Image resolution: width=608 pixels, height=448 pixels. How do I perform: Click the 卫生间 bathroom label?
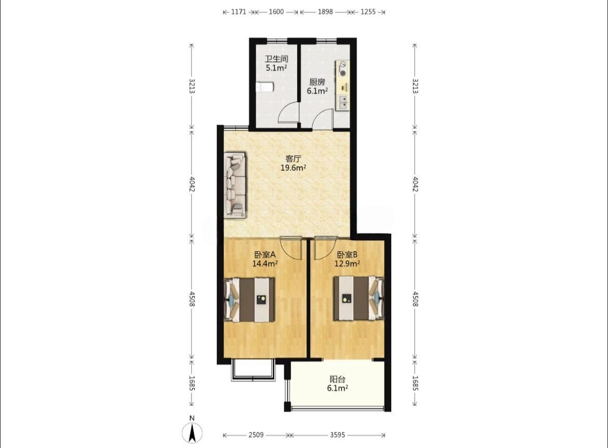[276, 59]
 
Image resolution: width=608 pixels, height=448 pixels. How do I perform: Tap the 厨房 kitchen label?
[317, 82]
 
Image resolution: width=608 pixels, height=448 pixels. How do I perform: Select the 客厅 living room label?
[293, 159]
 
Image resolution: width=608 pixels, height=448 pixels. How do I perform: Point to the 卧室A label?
[265, 255]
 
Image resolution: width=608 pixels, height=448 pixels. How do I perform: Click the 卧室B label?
[347, 255]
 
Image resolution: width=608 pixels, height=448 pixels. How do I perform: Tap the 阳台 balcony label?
[337, 379]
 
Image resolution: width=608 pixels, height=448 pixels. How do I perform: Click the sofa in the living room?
[235, 185]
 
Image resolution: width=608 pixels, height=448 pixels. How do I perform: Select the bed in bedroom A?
[250, 300]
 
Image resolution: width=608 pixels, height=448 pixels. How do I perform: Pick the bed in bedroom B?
[359, 298]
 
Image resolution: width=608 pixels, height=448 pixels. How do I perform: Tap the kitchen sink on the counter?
[343, 101]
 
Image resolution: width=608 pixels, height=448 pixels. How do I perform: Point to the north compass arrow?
[192, 433]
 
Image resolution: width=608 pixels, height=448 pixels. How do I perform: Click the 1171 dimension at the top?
[239, 11]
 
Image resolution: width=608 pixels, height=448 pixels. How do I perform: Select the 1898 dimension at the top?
[325, 11]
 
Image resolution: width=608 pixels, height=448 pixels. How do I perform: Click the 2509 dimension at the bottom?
[256, 435]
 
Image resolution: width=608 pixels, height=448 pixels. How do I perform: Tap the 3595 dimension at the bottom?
[337, 435]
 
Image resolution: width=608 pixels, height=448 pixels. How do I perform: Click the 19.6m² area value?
[294, 168]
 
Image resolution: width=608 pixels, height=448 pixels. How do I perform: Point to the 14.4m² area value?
[265, 264]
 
